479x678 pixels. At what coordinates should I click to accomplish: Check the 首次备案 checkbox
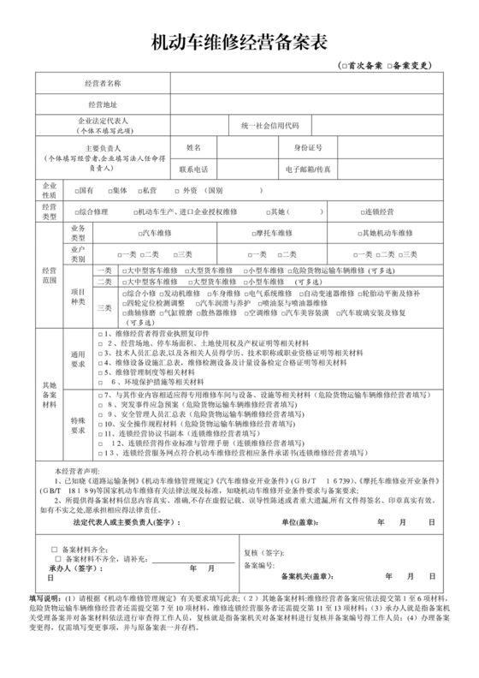coord(344,66)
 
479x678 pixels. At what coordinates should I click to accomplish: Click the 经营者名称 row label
coord(103,83)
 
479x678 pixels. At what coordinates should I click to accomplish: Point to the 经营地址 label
coord(103,104)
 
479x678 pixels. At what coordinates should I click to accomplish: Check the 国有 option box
coord(76,190)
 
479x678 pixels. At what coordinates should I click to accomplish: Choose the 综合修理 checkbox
coord(76,211)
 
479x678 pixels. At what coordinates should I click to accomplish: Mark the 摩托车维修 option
coord(254,232)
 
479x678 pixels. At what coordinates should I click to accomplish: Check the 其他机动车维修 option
coord(358,232)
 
